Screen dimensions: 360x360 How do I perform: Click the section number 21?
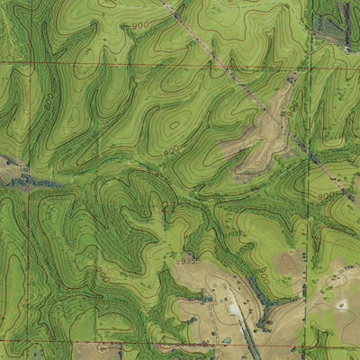(167, 206)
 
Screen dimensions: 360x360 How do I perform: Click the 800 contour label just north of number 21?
(171, 154)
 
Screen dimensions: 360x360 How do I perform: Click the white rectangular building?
(236, 309)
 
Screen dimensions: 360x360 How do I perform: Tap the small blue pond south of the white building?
(226, 339)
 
